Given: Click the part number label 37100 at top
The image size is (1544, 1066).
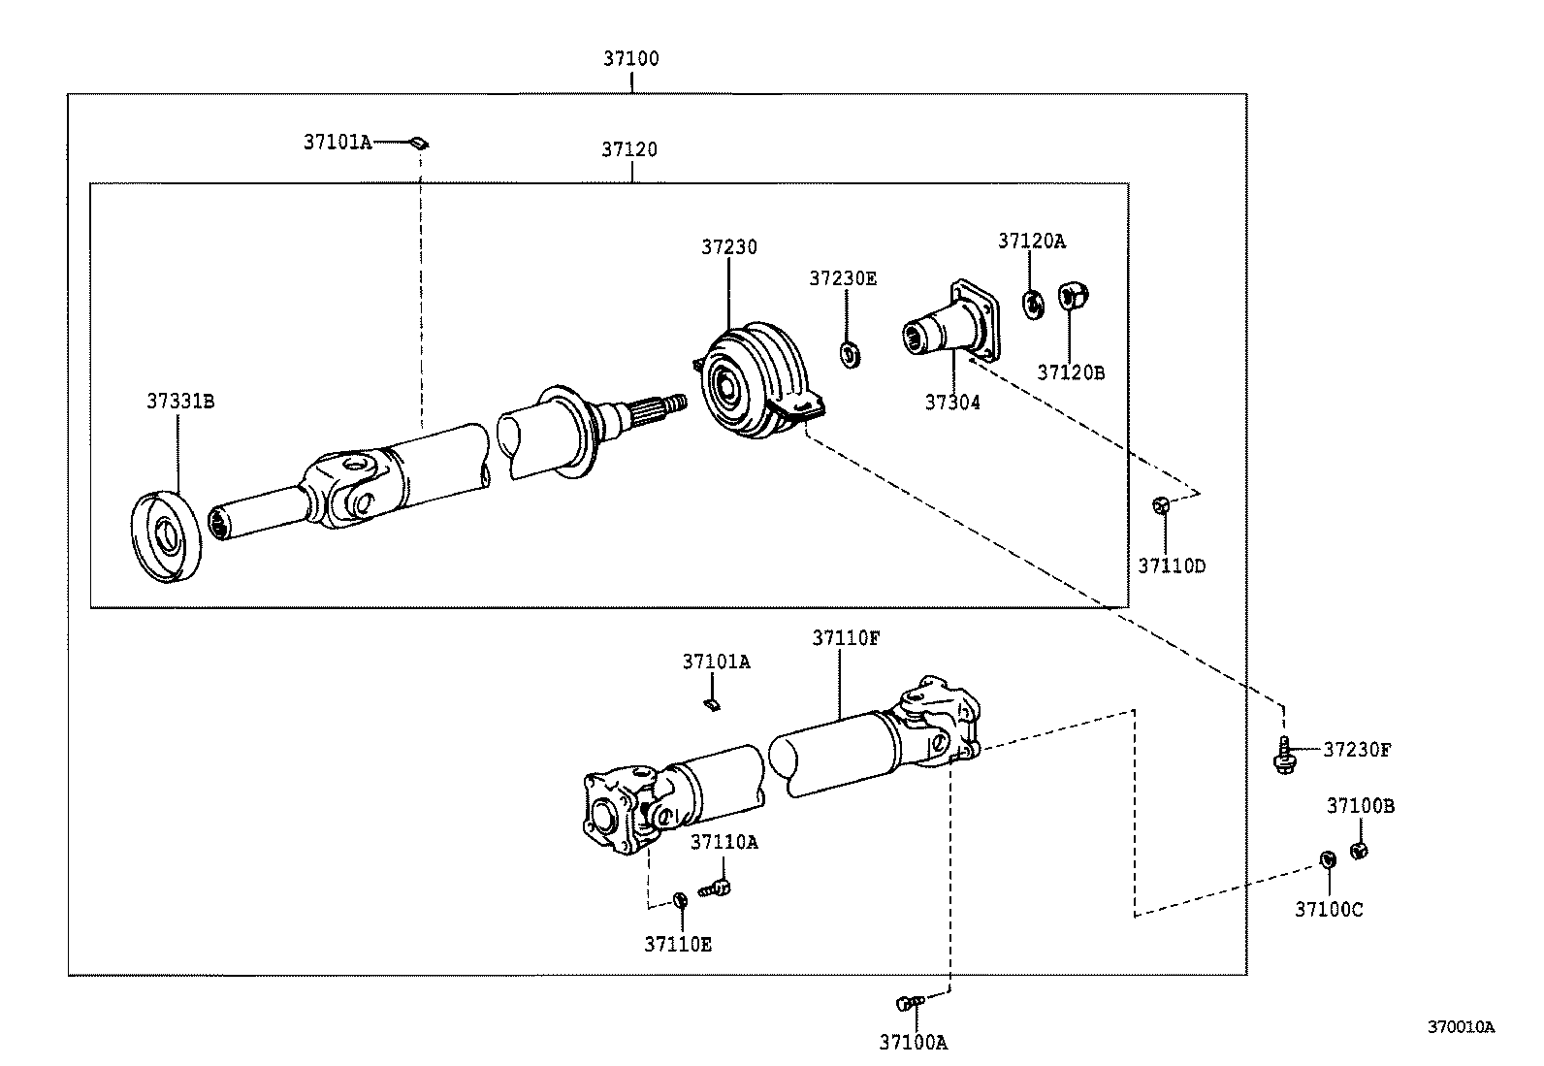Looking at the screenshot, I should coord(630,58).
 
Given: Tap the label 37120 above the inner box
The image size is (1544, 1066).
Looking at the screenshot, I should coord(628,149).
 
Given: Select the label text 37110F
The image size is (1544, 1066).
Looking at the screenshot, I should coord(846,637).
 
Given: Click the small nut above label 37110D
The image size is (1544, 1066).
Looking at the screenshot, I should coord(1161,505).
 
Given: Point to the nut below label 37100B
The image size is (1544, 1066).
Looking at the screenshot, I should coord(1359,851).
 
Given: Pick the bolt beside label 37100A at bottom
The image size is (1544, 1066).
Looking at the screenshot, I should coord(909,1001).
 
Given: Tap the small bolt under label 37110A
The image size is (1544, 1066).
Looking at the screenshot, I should coord(717,885).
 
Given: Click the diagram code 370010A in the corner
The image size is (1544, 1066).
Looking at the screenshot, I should coord(1460,1026).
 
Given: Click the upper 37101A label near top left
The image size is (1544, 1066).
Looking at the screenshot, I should coord(338,143).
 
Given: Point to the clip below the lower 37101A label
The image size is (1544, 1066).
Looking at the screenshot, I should coord(711,703).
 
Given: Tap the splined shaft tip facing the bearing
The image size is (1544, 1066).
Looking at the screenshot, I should coord(669,401).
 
